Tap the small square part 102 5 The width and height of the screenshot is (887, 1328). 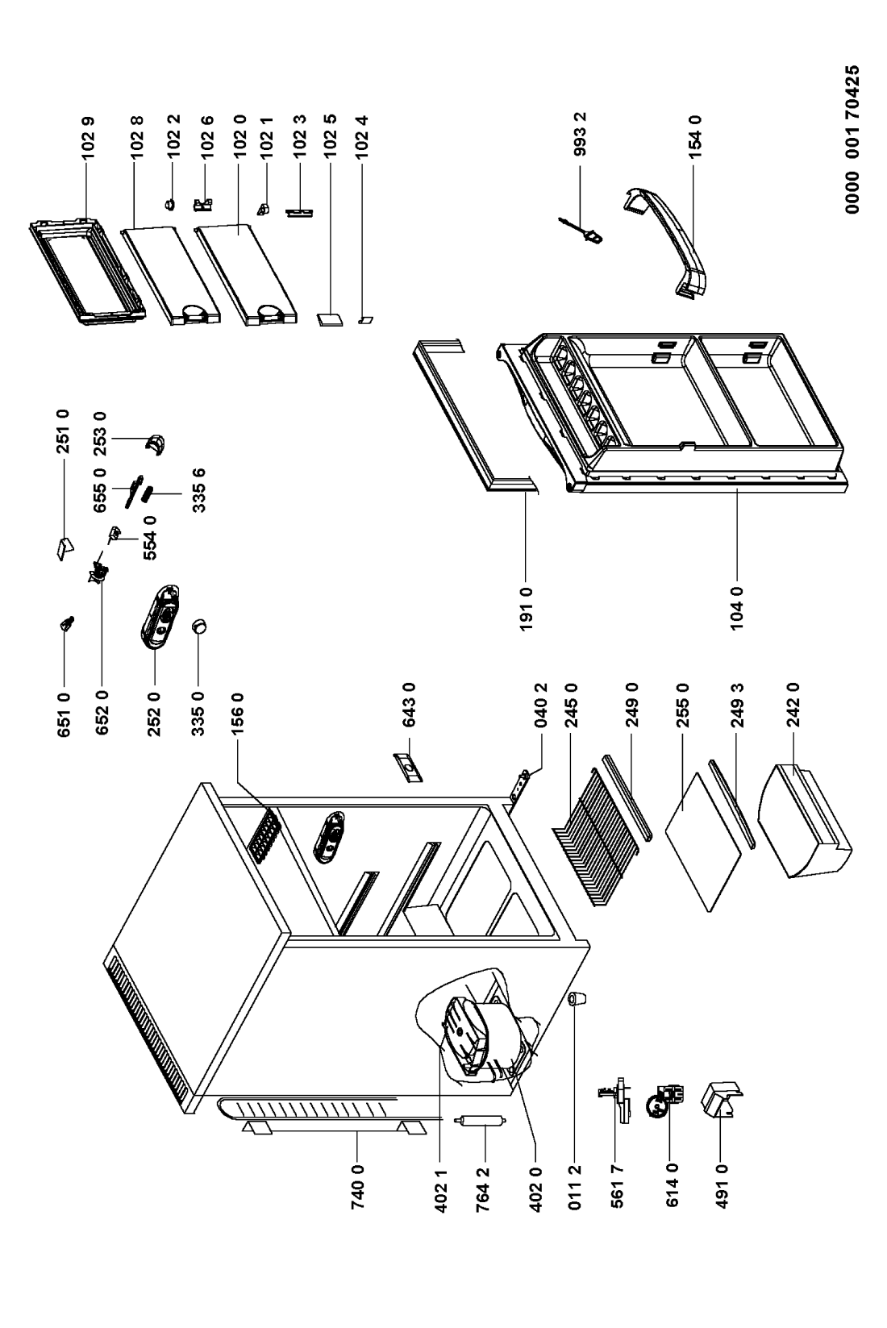330,318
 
